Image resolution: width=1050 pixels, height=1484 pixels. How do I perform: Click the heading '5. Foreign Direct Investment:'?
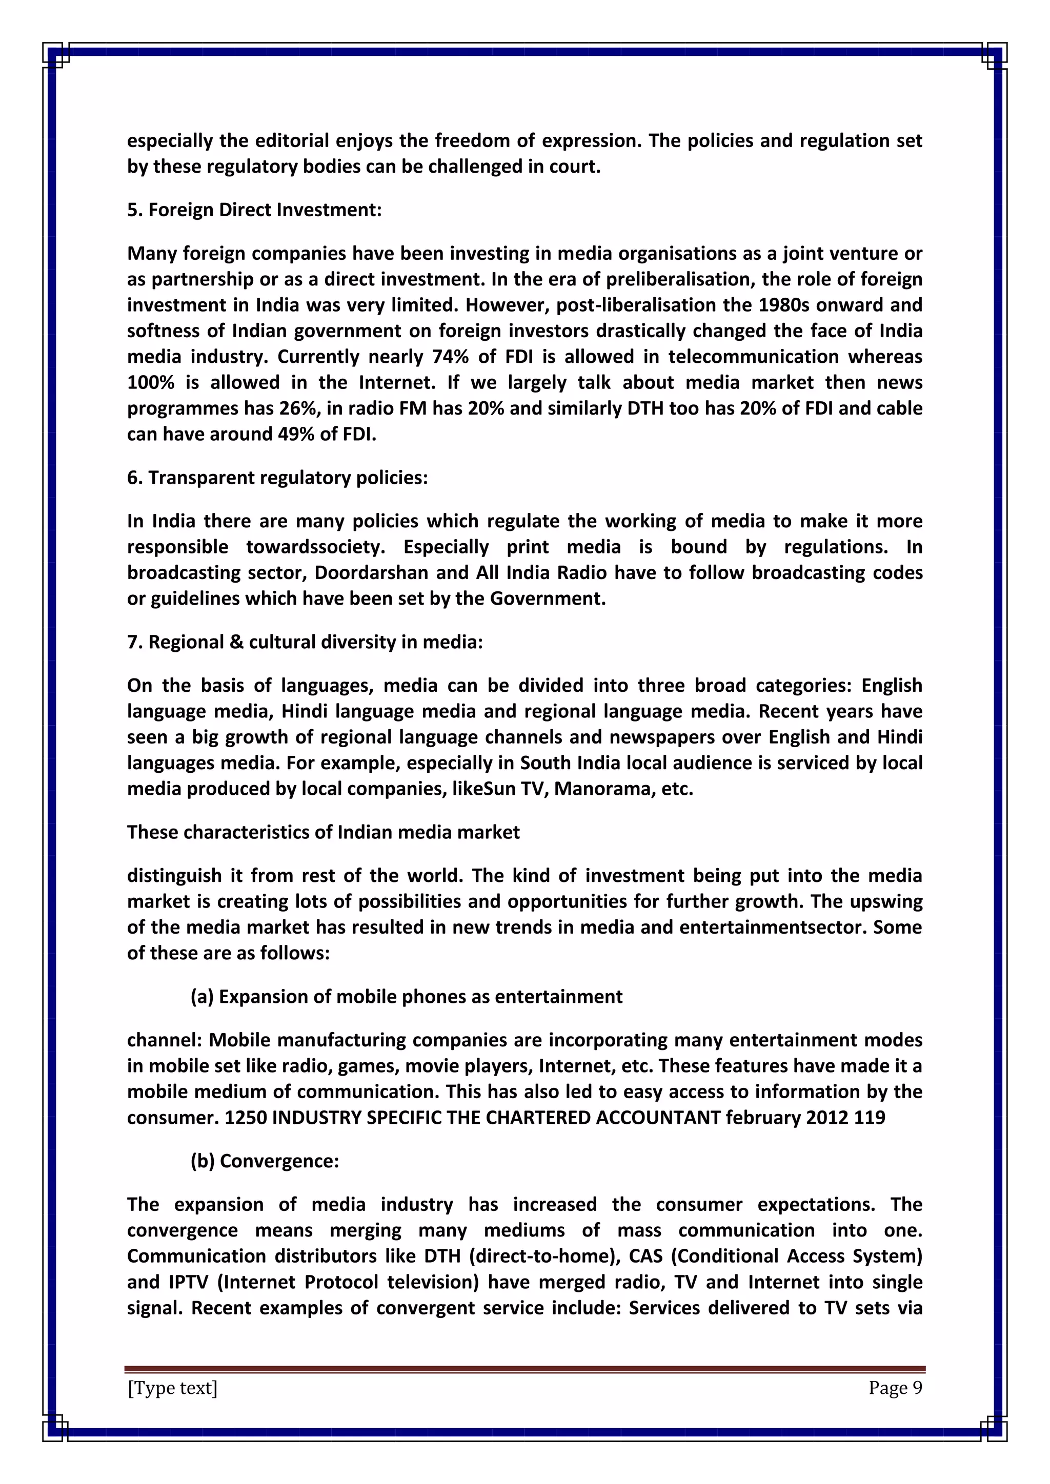(x=254, y=210)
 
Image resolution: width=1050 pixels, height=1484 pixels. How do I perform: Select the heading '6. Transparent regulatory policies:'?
(x=277, y=478)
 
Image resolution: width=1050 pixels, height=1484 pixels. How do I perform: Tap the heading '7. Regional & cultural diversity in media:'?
(x=305, y=642)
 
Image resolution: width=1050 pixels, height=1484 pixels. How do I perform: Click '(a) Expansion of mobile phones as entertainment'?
(x=406, y=997)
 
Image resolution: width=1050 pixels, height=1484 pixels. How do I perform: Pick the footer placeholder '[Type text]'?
(x=172, y=1388)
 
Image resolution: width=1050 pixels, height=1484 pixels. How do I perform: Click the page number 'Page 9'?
(x=895, y=1388)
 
